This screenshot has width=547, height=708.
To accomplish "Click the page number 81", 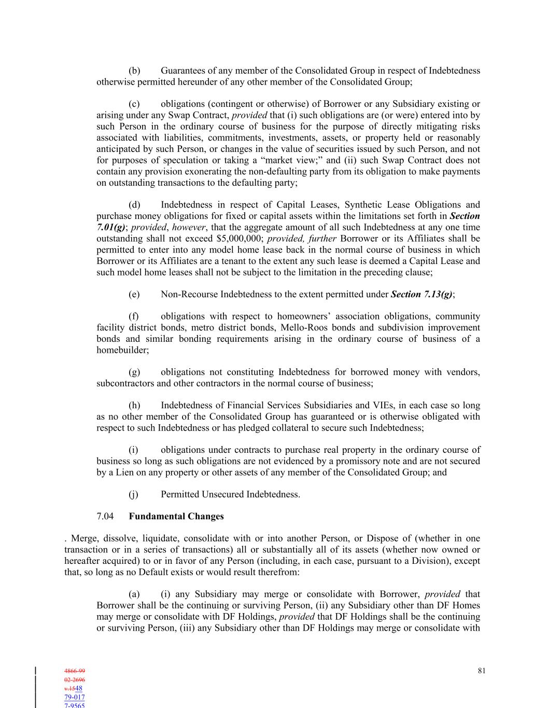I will click(x=482, y=671).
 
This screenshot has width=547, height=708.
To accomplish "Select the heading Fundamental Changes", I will click(x=176, y=516).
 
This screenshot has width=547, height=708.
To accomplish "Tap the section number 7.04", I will click(x=105, y=516).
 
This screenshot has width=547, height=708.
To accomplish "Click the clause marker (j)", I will click(x=134, y=494).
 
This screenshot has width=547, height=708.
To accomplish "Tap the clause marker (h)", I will click(x=134, y=405).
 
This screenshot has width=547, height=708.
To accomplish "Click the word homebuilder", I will click(x=122, y=350).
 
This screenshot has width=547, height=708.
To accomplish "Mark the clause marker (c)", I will click(x=134, y=104).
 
